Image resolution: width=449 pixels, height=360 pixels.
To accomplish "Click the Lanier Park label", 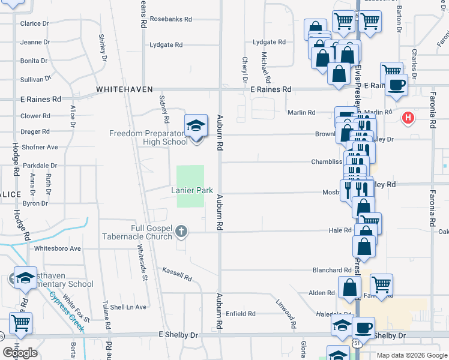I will click(x=193, y=190).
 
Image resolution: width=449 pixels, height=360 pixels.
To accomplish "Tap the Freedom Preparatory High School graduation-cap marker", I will click(x=196, y=126).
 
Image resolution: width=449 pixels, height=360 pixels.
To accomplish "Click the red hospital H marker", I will click(x=408, y=118).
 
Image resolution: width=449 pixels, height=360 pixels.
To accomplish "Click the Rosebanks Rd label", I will click(x=171, y=19).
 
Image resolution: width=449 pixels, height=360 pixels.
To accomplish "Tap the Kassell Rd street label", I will click(x=176, y=275).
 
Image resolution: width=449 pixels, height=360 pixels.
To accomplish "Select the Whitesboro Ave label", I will click(x=58, y=248).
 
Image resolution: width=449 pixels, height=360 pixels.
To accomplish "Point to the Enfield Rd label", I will click(x=241, y=314).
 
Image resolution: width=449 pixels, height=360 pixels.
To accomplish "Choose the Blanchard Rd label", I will click(x=331, y=271).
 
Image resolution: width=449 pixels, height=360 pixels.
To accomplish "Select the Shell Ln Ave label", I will click(x=128, y=307).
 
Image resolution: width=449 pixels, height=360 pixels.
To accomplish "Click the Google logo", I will click(x=20, y=353).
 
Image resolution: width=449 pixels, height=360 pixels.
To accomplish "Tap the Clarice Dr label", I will click(x=34, y=23).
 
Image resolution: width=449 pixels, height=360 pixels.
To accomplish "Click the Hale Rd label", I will click(x=340, y=230).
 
